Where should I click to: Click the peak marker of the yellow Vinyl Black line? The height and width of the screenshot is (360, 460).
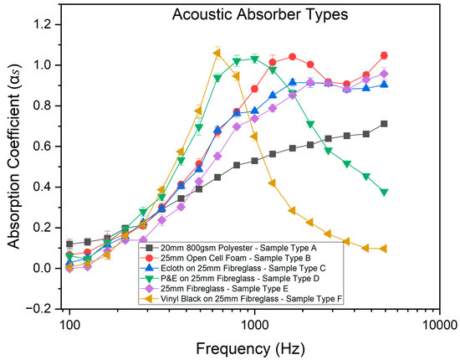pos(217,54)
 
